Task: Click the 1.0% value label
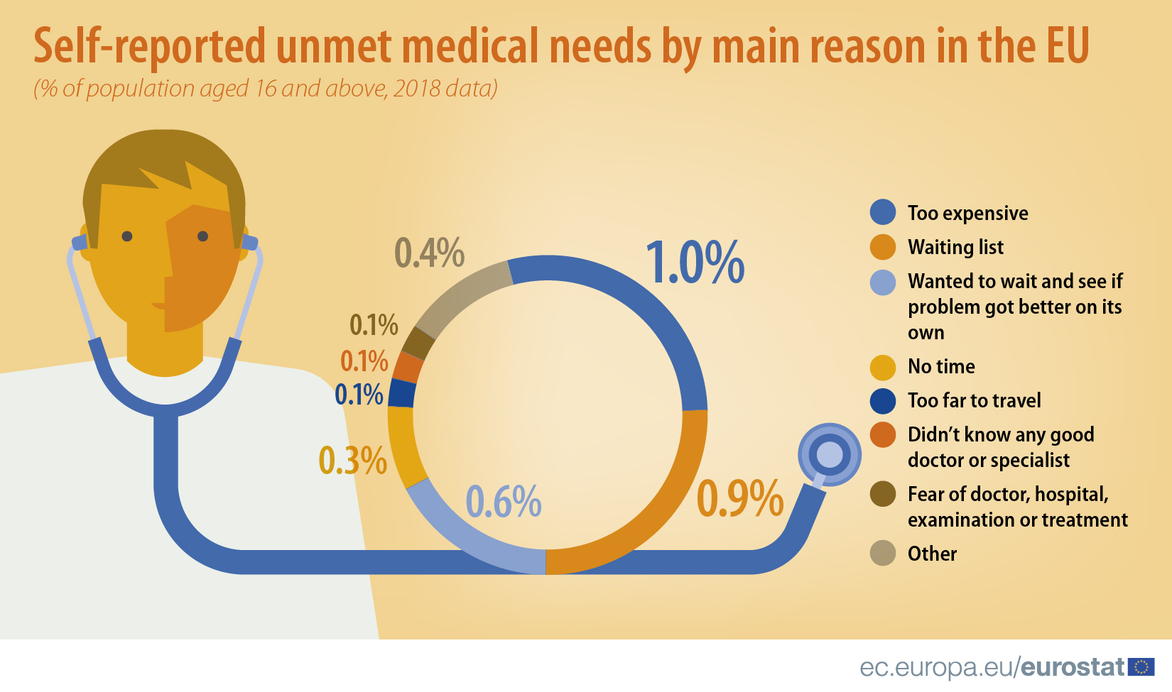[x=695, y=263]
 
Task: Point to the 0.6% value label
[x=504, y=502]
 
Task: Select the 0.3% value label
[x=352, y=461]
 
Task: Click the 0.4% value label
[x=429, y=253]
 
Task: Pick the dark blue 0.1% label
[x=359, y=395]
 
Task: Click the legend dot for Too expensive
[x=883, y=212]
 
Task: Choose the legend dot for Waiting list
[x=883, y=247]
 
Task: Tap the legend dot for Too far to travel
[x=883, y=400]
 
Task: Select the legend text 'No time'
[x=941, y=366]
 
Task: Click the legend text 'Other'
[x=932, y=554]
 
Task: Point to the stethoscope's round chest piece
[x=829, y=454]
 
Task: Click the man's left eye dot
[x=127, y=236]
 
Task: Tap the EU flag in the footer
[x=1141, y=666]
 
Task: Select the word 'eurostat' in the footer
[x=1073, y=667]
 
